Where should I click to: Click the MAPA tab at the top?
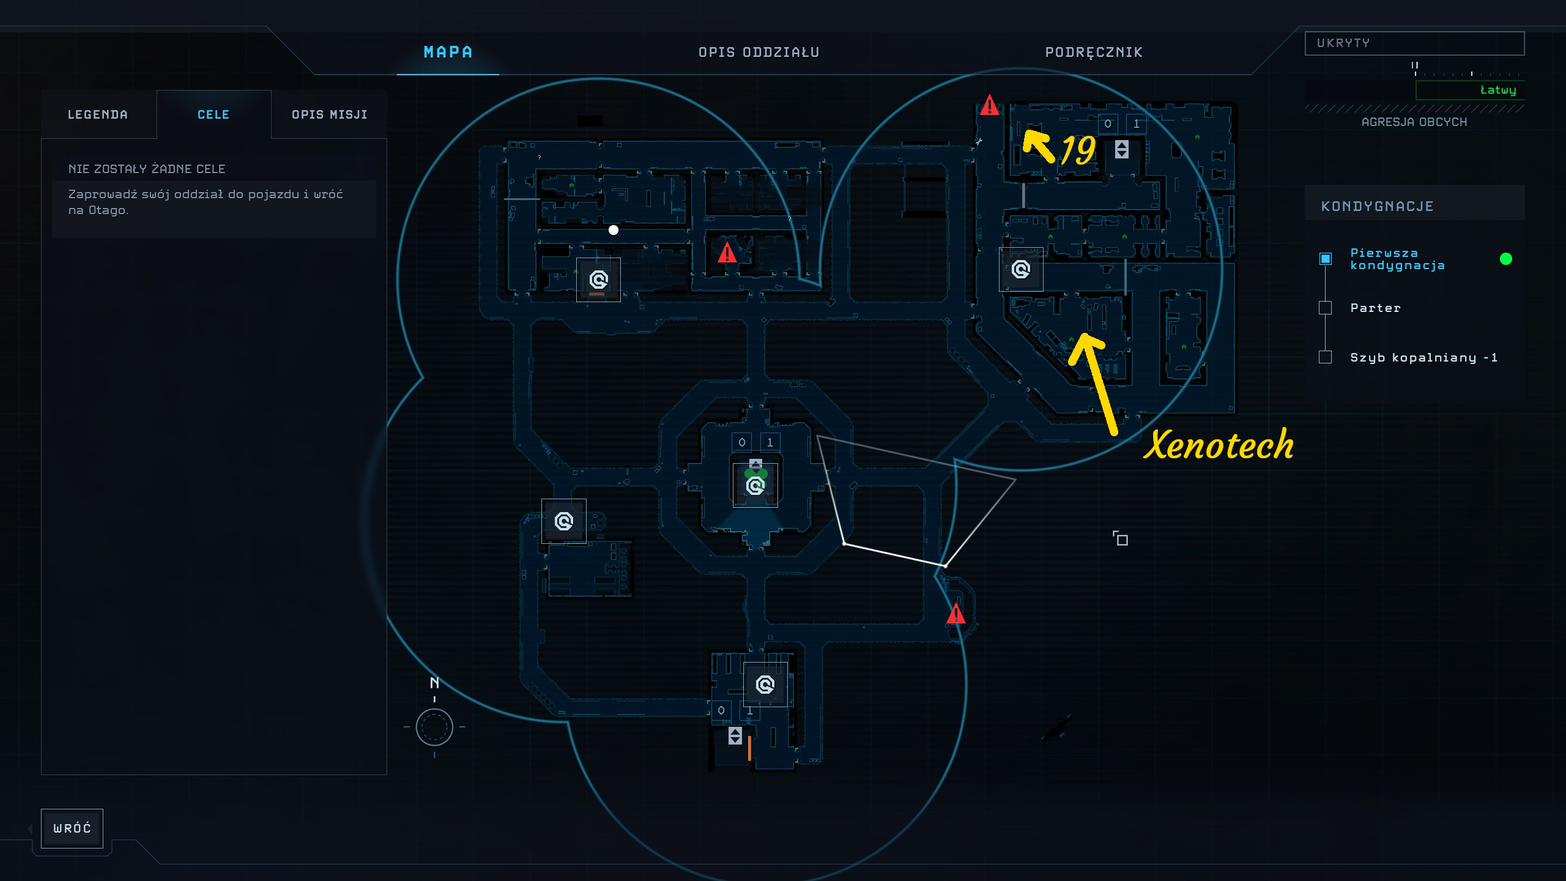coord(448,52)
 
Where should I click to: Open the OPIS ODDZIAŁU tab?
coord(759,52)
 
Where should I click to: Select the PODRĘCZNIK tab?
coord(1094,52)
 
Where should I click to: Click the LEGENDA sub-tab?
coord(98,114)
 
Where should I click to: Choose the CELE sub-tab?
coord(213,114)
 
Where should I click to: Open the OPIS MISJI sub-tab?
coord(329,114)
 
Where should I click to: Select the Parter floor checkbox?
coord(1325,308)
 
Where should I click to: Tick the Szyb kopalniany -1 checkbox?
coord(1325,357)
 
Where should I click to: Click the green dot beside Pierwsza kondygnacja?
coord(1506,259)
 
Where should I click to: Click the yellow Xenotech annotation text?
coord(1219,444)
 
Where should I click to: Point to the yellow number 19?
coord(1078,150)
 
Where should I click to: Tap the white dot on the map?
coord(614,230)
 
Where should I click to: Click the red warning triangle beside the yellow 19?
coord(989,105)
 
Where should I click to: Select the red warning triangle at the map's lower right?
coord(956,614)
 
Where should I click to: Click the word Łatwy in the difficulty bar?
coord(1498,90)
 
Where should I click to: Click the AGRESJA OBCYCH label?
coord(1414,122)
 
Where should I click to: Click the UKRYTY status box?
coord(1414,43)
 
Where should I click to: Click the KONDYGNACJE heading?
coord(1378,206)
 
